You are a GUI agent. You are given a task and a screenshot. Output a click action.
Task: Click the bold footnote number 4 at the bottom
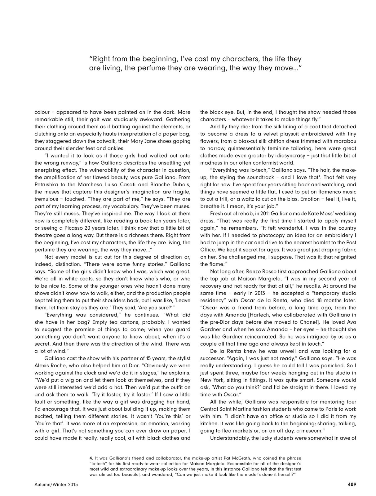pyautogui.click(x=91, y=458)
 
